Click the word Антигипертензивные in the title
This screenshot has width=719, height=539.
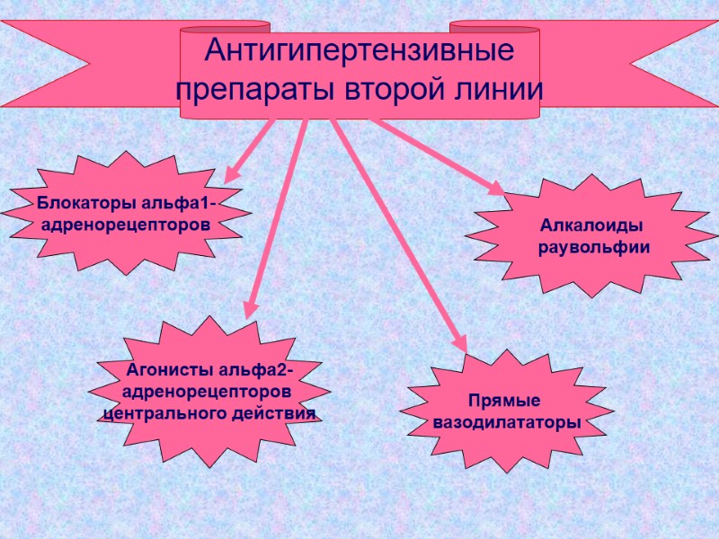point(359,51)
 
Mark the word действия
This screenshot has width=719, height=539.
point(271,414)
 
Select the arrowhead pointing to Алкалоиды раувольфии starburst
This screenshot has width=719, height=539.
point(497,188)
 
